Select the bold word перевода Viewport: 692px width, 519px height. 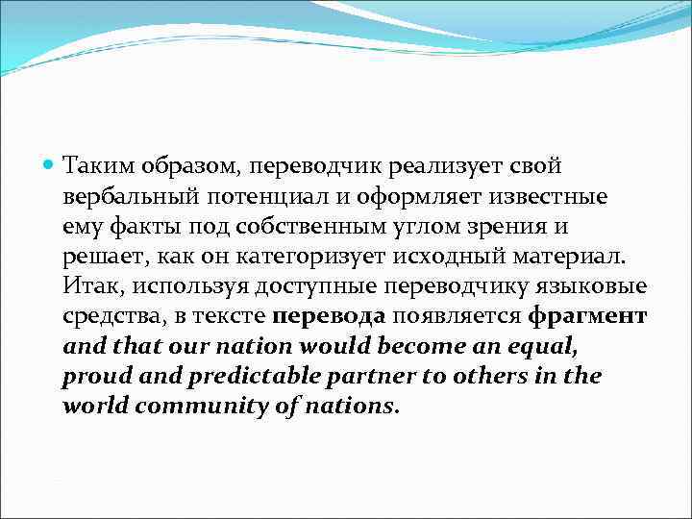(329, 317)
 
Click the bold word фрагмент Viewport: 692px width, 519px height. (588, 317)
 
